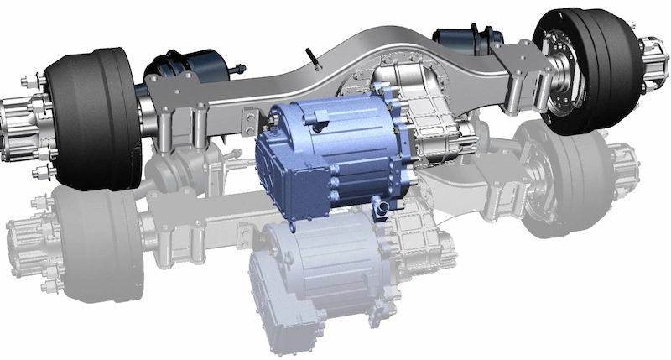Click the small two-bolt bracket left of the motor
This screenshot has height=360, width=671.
(x=248, y=123)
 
